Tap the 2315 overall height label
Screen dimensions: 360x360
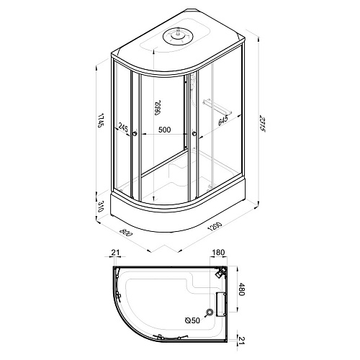[x=263, y=123]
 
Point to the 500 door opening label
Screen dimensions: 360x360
[x=164, y=130]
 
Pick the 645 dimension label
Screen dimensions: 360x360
[x=223, y=120]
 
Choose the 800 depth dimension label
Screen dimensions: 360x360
[x=127, y=233]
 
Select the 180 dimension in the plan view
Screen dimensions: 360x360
[x=219, y=253]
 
